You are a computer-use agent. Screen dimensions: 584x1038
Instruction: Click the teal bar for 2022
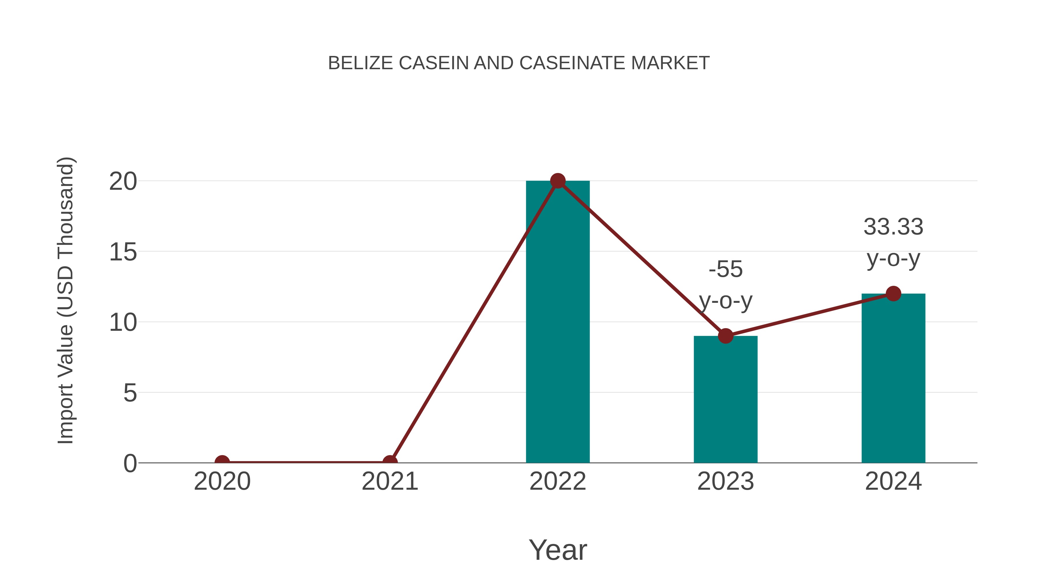click(x=558, y=322)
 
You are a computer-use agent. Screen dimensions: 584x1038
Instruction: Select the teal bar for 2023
click(x=725, y=399)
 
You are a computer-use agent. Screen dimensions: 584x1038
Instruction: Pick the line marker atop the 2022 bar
click(x=558, y=181)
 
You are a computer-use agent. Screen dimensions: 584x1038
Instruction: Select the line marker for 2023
click(x=725, y=336)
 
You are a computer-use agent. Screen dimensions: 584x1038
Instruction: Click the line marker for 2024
click(x=893, y=293)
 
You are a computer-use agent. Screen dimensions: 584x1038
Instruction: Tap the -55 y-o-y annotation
click(x=725, y=285)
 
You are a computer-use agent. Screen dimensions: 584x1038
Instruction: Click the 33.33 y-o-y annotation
click(x=893, y=242)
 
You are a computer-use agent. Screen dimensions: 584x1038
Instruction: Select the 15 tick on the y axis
click(x=123, y=253)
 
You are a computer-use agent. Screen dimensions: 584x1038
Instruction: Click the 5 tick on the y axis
click(x=130, y=393)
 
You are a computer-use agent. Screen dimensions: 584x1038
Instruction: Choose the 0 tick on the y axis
click(x=130, y=463)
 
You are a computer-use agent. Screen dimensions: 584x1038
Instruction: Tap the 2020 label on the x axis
click(x=222, y=481)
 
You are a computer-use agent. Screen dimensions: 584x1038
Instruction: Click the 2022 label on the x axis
click(x=558, y=481)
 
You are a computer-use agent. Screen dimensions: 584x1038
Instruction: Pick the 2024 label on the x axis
click(x=893, y=481)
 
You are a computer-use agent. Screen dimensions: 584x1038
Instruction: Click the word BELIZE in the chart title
click(x=360, y=63)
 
